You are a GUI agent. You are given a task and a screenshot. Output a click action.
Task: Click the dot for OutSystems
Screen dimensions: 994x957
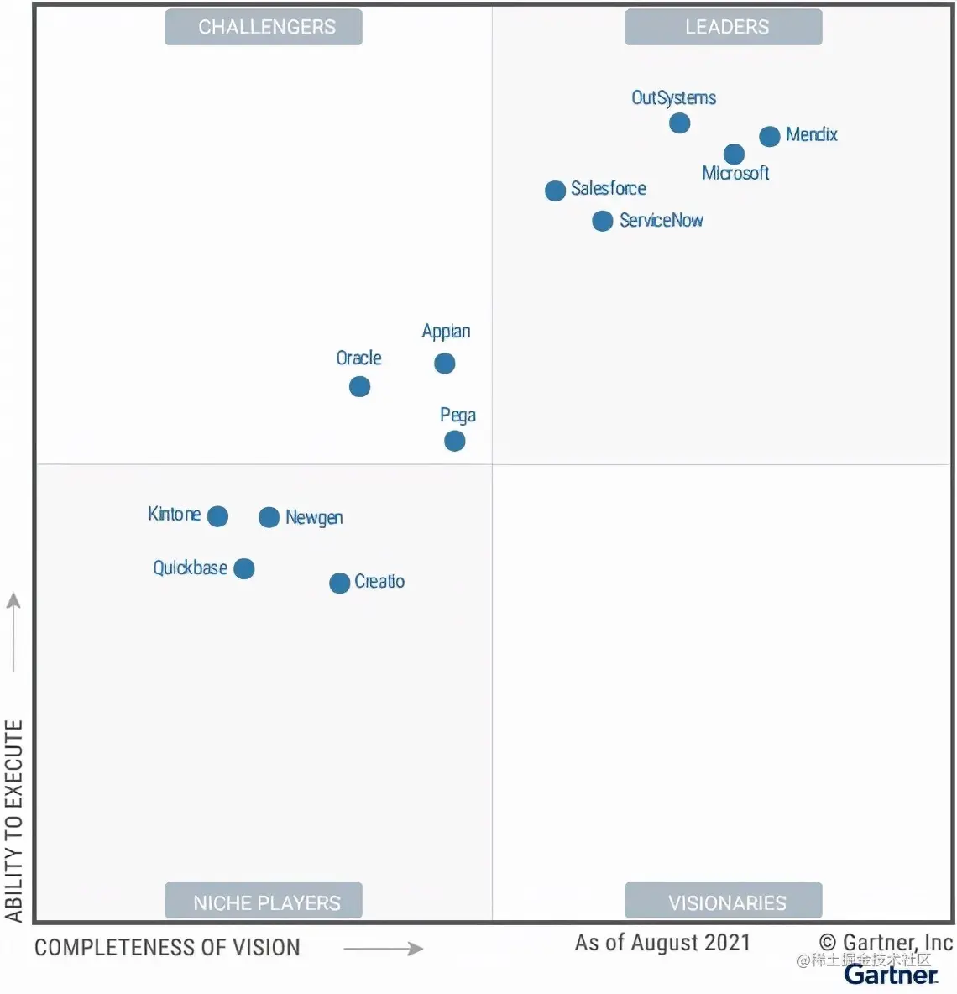680,123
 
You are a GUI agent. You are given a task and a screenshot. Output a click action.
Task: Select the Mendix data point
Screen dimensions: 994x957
770,136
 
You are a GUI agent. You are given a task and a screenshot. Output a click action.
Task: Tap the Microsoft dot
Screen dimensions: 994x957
734,154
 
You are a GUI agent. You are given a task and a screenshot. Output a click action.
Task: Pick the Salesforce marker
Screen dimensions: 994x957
555,191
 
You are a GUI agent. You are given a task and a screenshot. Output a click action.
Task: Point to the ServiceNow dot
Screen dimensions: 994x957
602,221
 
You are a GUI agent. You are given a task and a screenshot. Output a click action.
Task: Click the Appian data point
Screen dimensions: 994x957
445,363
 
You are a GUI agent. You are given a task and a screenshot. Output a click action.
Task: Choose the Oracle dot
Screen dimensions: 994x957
359,386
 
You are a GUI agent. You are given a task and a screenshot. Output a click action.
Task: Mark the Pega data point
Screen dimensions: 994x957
454,441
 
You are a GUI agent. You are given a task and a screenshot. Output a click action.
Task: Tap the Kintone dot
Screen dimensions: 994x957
217,516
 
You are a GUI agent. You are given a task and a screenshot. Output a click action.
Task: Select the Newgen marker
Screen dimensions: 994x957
269,517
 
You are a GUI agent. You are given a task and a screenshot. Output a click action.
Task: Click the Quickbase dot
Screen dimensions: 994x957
244,568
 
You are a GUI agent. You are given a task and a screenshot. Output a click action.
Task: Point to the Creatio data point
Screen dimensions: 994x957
339,583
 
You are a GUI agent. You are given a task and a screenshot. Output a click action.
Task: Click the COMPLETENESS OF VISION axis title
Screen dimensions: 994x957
167,948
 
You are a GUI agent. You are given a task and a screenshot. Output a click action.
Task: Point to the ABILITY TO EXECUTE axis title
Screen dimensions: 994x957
13,821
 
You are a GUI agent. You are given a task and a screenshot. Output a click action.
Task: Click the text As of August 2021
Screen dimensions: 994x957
662,943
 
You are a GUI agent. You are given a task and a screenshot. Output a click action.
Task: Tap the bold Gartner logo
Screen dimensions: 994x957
891,976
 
